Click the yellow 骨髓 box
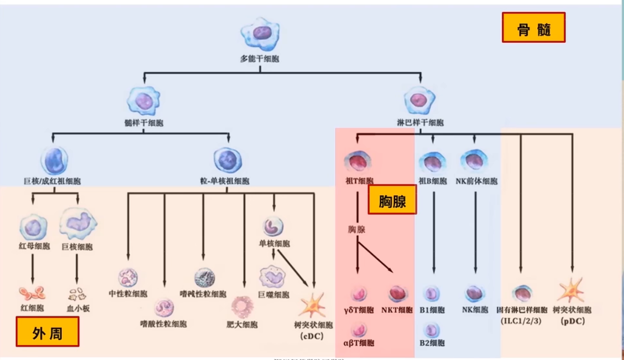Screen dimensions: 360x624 534,27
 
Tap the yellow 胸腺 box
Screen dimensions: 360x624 392,199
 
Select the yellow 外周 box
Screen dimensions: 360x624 48,331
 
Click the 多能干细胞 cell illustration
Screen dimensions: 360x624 260,34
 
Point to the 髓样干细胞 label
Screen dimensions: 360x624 144,123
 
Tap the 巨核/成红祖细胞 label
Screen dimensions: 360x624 52,181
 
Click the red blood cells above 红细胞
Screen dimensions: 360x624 33,293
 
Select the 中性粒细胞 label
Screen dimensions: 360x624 128,293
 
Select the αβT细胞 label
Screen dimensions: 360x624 359,343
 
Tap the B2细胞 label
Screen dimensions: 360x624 432,343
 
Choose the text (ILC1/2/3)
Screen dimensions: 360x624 521,320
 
